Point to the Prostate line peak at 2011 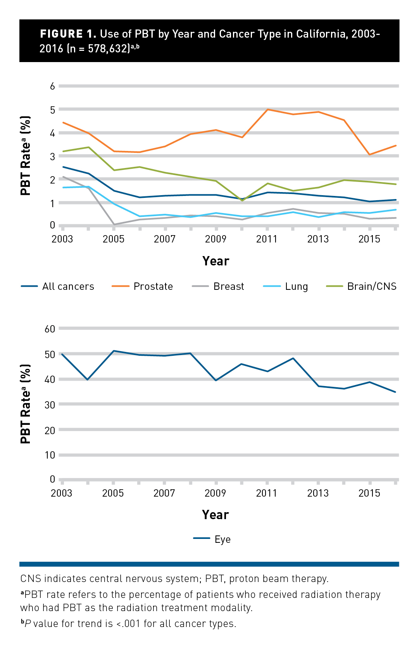click(268, 109)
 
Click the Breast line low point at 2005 click(114, 224)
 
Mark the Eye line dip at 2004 click(88, 379)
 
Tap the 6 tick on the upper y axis click(52, 86)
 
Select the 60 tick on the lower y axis click(50, 329)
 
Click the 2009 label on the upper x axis click(216, 239)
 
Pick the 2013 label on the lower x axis click(318, 493)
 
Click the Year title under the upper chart click(216, 261)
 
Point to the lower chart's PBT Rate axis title click(26, 404)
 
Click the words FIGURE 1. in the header click(68, 34)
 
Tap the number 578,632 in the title click(109, 48)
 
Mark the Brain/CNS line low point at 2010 click(242, 200)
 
